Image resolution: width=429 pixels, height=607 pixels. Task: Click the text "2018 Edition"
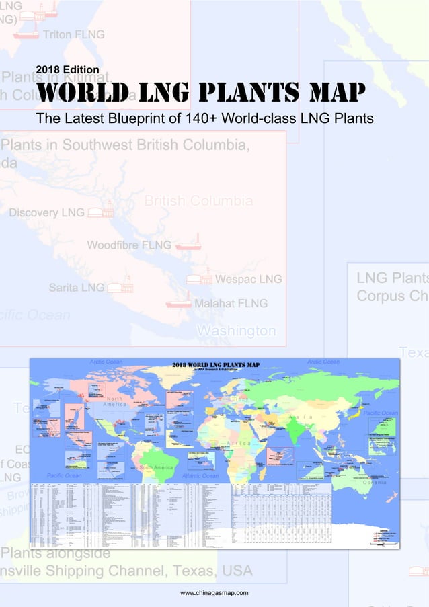click(67, 70)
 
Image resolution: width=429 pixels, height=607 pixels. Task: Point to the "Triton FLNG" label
click(73, 34)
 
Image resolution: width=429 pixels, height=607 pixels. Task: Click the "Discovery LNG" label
click(47, 213)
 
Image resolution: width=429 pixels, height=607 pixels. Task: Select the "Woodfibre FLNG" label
click(129, 245)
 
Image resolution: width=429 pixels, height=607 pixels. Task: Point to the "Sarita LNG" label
click(77, 288)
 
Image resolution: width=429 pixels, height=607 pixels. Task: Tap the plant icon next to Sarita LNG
click(120, 286)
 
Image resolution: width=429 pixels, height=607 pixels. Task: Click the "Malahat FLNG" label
click(231, 304)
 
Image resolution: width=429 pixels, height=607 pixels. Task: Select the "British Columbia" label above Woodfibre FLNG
click(199, 201)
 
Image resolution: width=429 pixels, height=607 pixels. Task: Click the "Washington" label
click(236, 331)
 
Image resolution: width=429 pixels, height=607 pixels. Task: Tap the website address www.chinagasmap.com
click(214, 592)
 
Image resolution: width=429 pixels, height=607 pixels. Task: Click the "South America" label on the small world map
click(155, 467)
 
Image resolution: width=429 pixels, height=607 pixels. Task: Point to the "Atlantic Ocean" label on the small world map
click(201, 476)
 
